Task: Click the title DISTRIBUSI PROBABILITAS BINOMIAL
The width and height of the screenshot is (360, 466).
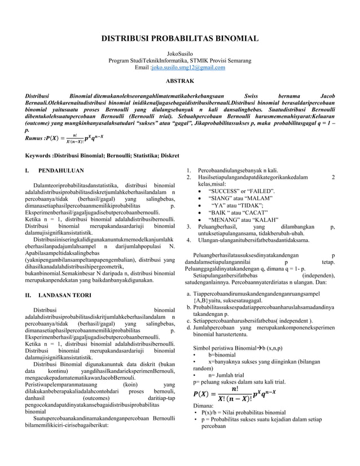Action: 179,39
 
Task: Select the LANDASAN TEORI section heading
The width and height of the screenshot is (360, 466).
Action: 65,295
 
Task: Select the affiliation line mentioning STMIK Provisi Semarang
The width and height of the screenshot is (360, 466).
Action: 179,60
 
